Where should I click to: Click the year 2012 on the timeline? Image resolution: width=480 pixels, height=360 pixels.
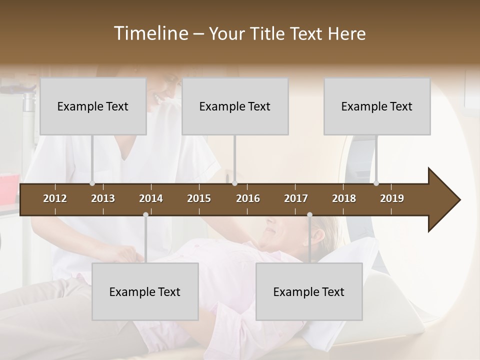point(55,198)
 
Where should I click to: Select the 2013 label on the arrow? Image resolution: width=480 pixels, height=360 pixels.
point(103,198)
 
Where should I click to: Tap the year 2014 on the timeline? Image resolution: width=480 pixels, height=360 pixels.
point(151,198)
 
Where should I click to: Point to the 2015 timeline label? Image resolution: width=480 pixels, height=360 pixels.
point(199,198)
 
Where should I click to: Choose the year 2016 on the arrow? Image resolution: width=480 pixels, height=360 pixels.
point(248,198)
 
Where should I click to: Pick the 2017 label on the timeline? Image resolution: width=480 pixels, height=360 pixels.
point(296,198)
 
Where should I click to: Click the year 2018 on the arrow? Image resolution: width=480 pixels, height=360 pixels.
point(344,198)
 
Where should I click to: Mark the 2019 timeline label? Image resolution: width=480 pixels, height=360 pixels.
point(392,198)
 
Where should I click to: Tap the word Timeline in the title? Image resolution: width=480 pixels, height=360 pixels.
point(150,33)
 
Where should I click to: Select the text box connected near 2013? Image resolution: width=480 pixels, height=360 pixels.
point(93,106)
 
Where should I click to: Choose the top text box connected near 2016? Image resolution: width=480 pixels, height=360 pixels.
point(235,106)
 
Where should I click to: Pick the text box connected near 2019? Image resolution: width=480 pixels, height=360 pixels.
point(377,106)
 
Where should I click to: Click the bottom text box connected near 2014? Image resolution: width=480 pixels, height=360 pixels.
point(145,291)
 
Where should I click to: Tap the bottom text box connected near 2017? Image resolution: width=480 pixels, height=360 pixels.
point(309,291)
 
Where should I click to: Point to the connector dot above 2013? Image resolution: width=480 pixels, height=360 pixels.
point(92,183)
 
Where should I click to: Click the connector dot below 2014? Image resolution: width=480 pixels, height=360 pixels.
point(145,214)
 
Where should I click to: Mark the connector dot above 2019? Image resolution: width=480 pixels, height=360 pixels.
point(376,183)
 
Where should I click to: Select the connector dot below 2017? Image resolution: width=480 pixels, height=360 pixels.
point(309,214)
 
